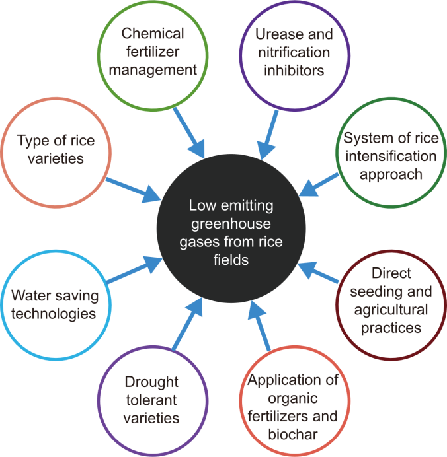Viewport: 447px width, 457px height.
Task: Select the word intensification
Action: click(389, 157)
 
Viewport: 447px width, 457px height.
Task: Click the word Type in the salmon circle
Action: click(32, 141)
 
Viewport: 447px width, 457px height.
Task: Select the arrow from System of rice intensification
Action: click(318, 184)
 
